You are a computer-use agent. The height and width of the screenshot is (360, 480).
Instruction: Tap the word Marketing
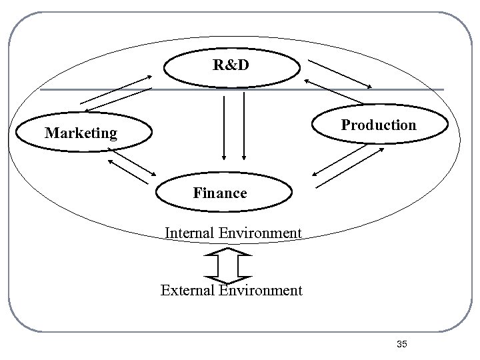[x=81, y=133]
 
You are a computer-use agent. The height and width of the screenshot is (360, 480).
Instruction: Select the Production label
[x=379, y=125]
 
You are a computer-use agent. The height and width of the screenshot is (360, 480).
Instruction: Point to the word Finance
[x=220, y=193]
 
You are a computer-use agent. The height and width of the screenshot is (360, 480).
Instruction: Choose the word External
[x=187, y=290]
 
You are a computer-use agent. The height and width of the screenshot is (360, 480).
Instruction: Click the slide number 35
[x=401, y=344]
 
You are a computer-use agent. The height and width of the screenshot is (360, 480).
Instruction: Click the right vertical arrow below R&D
[x=244, y=127]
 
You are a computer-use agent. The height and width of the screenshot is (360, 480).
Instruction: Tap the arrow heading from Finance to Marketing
[x=126, y=171]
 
